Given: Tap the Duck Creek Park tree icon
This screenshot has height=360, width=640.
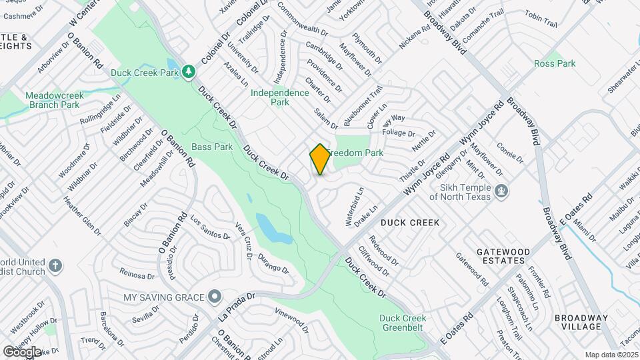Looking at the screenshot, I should [x=189, y=71].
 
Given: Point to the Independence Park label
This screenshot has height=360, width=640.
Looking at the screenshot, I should [x=279, y=97].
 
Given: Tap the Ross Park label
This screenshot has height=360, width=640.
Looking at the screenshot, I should [x=554, y=63].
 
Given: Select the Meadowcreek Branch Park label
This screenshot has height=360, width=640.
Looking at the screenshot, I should [x=55, y=100].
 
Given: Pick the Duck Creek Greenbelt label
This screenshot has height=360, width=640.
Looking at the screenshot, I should [x=407, y=323].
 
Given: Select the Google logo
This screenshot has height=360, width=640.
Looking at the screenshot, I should [x=21, y=351].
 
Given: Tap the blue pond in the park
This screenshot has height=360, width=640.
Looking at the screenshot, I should [x=273, y=229].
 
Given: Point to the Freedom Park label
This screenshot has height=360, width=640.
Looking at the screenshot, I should [x=360, y=153].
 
